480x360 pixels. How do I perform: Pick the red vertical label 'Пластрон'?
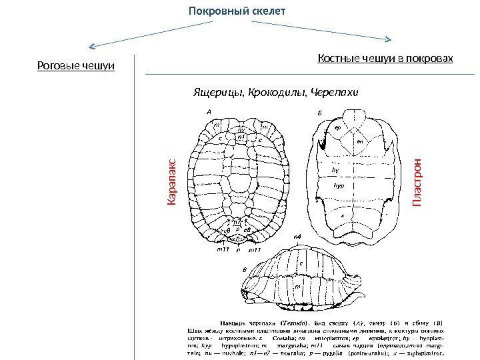(x=418, y=182)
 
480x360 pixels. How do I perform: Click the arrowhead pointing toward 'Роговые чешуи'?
(x=92, y=47)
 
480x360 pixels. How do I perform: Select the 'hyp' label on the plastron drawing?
(x=338, y=187)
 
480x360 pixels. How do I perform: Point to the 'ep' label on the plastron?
(x=337, y=127)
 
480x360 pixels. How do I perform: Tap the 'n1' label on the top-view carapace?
(x=241, y=137)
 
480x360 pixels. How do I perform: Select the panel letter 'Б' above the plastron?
(x=319, y=114)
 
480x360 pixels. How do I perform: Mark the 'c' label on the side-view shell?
(x=301, y=264)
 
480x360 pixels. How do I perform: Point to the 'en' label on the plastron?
(x=360, y=141)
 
